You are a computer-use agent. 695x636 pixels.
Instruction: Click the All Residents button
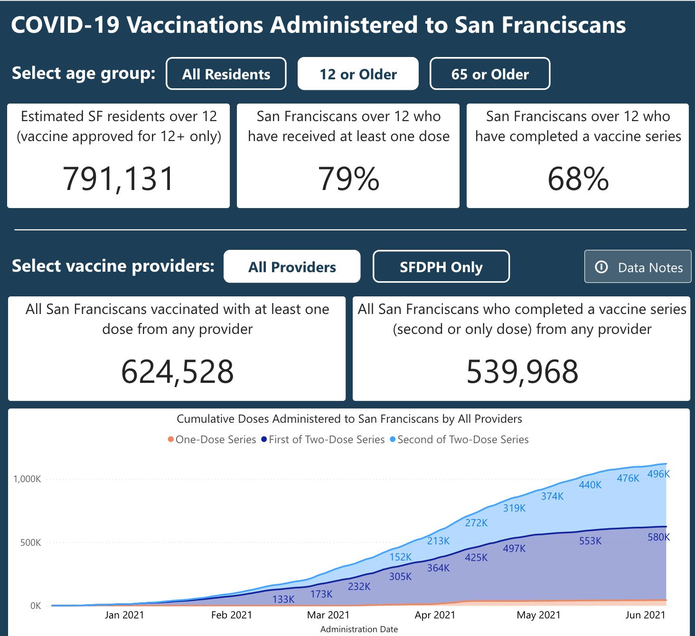tap(226, 74)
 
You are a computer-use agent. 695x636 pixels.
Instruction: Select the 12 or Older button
tap(358, 74)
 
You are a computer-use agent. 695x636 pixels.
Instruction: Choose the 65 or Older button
tap(490, 74)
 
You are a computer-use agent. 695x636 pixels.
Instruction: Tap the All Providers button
tap(292, 266)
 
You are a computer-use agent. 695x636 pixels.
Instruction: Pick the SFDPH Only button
tap(441, 266)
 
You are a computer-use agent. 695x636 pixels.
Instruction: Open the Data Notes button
tap(638, 267)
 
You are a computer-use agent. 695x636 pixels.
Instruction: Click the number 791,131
tap(119, 179)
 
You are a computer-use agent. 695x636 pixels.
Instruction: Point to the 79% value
tap(348, 179)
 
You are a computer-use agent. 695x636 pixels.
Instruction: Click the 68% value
tap(578, 179)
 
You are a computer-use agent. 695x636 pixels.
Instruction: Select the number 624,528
tap(177, 371)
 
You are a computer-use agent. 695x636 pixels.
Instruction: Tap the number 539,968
tap(522, 371)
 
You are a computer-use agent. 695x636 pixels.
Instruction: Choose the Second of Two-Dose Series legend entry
tap(459, 439)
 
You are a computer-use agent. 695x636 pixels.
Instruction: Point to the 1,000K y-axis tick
tap(27, 479)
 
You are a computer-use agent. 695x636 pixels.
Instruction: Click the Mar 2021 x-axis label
tap(328, 615)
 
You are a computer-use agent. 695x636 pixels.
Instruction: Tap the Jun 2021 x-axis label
tap(645, 615)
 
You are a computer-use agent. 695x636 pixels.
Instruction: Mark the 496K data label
tap(658, 474)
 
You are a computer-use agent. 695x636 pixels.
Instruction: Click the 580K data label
tap(658, 537)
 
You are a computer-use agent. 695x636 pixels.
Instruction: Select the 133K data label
tap(283, 599)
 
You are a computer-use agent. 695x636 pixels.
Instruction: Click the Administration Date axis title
tap(359, 629)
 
